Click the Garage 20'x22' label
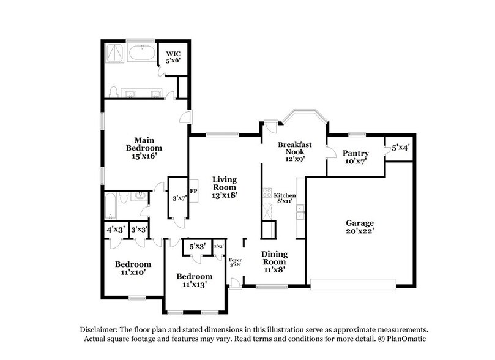(x=359, y=228)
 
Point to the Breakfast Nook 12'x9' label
(x=295, y=151)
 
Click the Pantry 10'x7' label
(x=355, y=157)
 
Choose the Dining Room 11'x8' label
(x=274, y=261)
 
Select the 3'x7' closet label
(x=179, y=198)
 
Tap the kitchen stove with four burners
(x=267, y=194)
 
